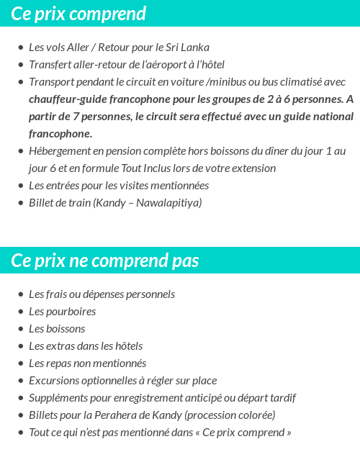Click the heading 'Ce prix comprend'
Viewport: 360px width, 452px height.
[x=78, y=14]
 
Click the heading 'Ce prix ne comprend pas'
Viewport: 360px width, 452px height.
[x=105, y=260]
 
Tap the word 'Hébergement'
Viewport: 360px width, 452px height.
[x=60, y=151]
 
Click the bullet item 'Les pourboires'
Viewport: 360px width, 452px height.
[x=62, y=312]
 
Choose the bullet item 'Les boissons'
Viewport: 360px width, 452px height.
[x=57, y=329]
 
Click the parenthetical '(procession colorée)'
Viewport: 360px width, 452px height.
[x=230, y=415]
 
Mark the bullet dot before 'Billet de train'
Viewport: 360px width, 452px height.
[x=20, y=204]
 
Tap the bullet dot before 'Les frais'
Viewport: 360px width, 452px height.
[x=20, y=295]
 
